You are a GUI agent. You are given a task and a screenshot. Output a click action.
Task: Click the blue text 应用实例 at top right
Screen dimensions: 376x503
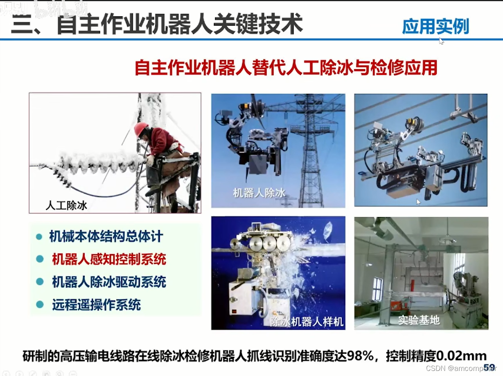[435, 26]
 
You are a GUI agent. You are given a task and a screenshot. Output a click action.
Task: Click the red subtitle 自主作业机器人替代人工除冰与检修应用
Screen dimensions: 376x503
[286, 68]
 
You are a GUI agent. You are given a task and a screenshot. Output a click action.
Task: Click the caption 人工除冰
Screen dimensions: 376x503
[66, 205]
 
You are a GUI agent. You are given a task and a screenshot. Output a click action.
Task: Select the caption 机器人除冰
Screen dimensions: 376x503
[259, 192]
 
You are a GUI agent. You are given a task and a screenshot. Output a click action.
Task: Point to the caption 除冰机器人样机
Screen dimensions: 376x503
[307, 321]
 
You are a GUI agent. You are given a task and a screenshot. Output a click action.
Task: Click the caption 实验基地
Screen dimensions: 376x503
[419, 320]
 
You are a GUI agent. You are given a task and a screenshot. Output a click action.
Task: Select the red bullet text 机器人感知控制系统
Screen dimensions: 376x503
[109, 259]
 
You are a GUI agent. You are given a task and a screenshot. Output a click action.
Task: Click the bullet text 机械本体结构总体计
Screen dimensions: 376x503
[106, 236]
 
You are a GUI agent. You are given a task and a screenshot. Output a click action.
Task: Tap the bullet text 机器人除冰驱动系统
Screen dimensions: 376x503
[109, 282]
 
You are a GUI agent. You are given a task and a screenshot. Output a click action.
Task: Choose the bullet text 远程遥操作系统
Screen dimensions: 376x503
[96, 304]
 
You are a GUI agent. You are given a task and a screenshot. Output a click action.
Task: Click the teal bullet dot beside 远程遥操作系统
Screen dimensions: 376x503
[40, 304]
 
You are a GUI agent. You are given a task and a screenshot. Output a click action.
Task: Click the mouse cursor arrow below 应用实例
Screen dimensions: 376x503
[441, 41]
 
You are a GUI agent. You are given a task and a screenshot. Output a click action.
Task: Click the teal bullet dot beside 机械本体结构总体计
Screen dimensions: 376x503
[39, 236]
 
